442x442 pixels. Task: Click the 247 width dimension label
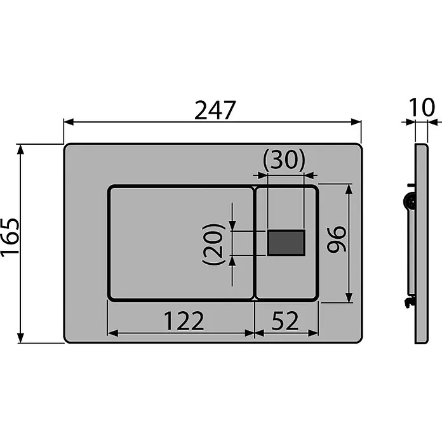coord(215,110)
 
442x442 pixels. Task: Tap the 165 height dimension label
coord(10,238)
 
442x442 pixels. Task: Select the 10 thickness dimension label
coord(422,107)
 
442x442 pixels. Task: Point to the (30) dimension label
coord(284,160)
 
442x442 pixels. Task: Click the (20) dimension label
coord(213,244)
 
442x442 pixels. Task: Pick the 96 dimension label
coord(336,239)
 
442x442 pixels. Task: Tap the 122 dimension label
coord(184,321)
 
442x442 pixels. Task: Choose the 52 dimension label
coord(285,321)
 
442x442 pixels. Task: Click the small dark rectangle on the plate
coord(286,243)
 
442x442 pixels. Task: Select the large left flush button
coord(181,244)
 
